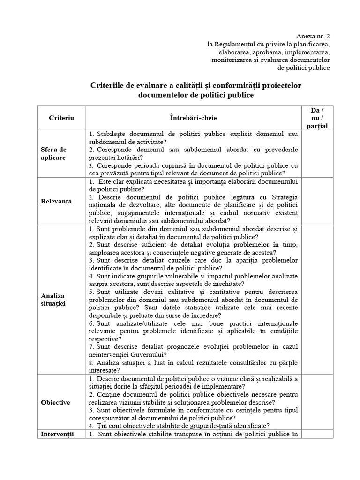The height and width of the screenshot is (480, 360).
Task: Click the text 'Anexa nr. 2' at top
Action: pos(314,36)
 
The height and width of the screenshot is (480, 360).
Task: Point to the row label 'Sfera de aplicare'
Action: pos(53,154)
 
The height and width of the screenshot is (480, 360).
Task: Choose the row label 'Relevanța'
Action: pos(56,201)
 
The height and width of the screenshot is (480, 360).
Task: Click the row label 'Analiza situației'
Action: pos(53,300)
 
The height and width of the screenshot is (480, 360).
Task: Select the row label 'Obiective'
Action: pos(55,402)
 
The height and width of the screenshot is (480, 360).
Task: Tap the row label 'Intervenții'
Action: pos(58,434)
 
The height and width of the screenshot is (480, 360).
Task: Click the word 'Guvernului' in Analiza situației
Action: pos(135,354)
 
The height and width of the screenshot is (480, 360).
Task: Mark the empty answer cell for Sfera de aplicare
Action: pos(317,154)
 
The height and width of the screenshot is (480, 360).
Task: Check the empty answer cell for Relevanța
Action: pos(317,201)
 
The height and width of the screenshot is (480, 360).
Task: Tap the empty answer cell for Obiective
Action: pos(317,402)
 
